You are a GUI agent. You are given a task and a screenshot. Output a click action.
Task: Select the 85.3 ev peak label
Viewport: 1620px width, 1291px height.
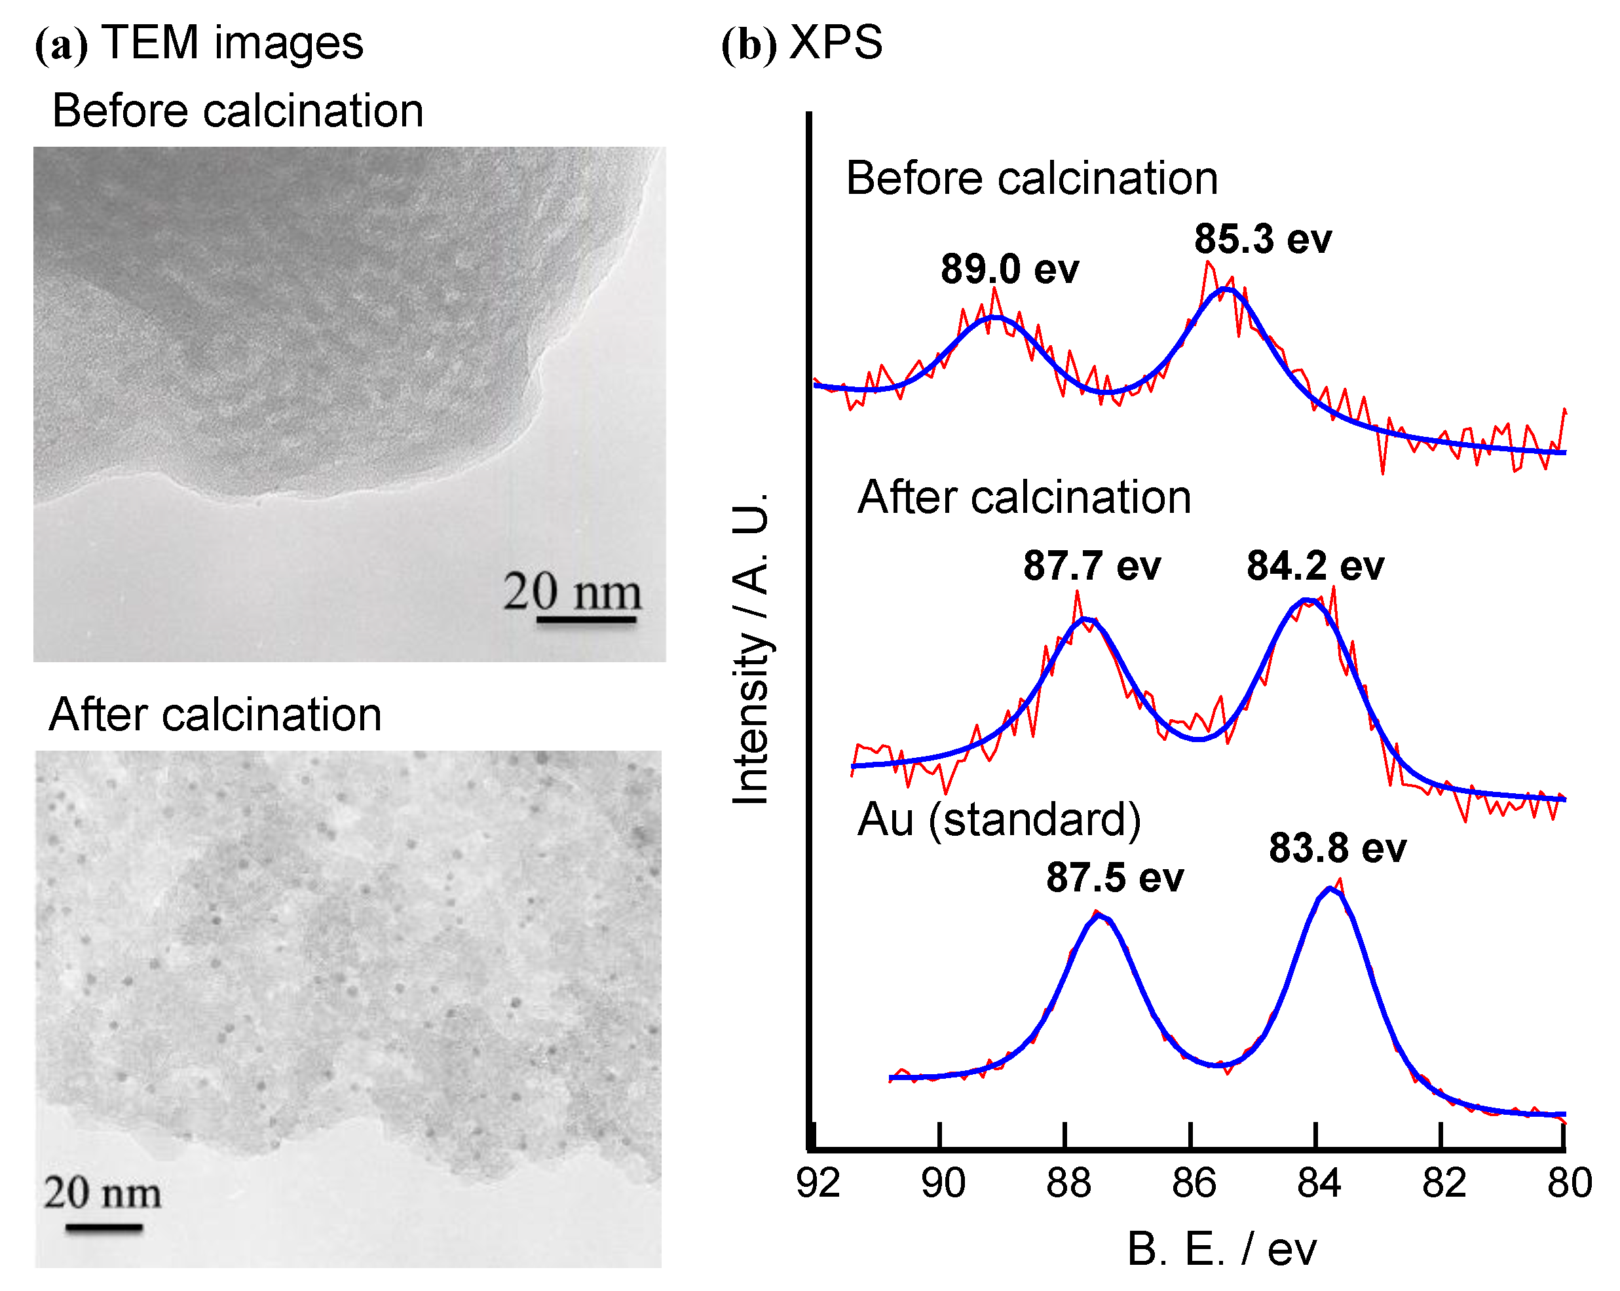(x=1262, y=239)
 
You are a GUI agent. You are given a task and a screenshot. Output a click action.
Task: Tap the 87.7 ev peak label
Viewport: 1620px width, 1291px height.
(x=1092, y=565)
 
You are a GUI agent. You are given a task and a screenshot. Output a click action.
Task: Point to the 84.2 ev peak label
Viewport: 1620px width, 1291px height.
(x=1315, y=565)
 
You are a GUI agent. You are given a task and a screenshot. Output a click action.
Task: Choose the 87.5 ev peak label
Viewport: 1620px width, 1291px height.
(x=1115, y=877)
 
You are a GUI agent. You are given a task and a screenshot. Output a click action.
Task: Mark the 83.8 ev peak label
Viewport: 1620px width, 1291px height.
(x=1338, y=848)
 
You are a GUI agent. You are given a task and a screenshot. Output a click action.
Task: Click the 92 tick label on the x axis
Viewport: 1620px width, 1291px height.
(x=818, y=1183)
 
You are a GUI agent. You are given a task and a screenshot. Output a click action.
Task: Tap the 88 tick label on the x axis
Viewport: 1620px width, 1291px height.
(x=1068, y=1183)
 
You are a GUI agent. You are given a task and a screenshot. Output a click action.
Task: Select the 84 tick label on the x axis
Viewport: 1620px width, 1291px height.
(x=1319, y=1183)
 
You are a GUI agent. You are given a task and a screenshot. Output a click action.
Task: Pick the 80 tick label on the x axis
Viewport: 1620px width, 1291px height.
(x=1569, y=1183)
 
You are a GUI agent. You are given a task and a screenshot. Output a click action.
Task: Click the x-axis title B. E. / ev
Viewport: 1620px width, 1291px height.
(x=1221, y=1250)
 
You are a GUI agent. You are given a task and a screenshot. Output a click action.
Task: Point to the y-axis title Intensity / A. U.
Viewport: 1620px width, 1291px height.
(x=751, y=649)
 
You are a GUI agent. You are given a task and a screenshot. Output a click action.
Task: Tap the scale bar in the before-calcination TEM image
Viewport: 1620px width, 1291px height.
(x=586, y=620)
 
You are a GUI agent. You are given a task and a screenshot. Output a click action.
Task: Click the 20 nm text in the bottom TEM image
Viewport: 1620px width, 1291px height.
(x=102, y=1193)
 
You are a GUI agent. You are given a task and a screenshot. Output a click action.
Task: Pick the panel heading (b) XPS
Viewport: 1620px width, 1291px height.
(x=802, y=43)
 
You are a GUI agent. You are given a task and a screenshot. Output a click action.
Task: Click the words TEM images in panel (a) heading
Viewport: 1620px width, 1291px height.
(x=232, y=43)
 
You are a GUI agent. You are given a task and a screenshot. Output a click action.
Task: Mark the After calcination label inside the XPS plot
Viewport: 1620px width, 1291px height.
(x=1024, y=496)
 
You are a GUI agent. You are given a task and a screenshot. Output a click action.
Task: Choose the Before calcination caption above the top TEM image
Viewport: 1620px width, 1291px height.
(x=237, y=111)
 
